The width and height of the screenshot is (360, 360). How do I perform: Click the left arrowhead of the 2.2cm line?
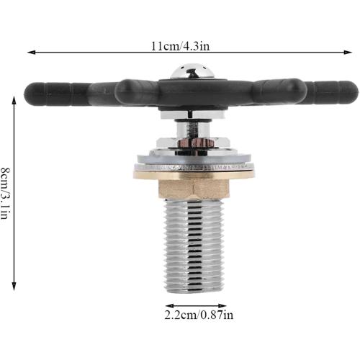(167, 304)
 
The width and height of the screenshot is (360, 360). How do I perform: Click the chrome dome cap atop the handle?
(192, 73)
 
